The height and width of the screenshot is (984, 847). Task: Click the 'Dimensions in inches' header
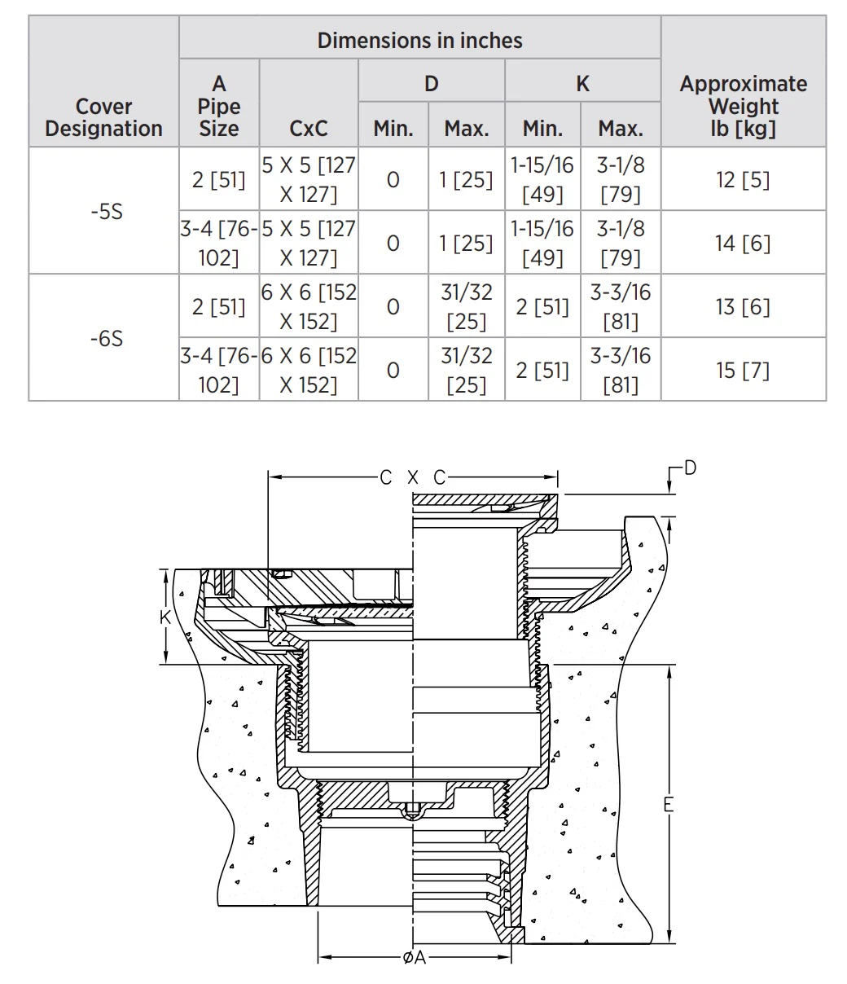tap(419, 41)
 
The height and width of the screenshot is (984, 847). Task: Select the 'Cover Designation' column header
tap(103, 117)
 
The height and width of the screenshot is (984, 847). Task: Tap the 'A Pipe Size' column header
tap(219, 106)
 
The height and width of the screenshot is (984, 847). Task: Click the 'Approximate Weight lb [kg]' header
tap(744, 106)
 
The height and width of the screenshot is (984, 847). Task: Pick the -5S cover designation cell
tap(108, 211)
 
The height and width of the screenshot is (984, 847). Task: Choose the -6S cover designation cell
tap(108, 339)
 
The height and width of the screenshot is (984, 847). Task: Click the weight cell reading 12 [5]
tap(743, 180)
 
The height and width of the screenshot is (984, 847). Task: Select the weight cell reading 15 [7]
tap(743, 371)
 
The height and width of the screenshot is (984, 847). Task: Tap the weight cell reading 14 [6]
tap(743, 244)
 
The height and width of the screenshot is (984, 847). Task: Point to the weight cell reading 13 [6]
tap(743, 307)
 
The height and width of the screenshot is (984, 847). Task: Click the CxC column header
tap(309, 129)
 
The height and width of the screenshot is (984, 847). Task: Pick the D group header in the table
tap(432, 84)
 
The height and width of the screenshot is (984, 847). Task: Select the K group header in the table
tap(583, 84)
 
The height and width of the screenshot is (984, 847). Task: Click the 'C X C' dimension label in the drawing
tap(413, 477)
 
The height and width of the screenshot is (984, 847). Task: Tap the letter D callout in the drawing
tap(690, 468)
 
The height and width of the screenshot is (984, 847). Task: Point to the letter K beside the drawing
tap(165, 617)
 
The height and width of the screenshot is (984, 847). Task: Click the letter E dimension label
tap(669, 804)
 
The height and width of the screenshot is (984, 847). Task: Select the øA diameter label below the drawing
tap(415, 957)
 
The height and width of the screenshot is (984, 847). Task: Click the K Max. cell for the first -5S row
tap(621, 180)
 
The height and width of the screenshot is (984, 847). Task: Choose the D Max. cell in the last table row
tap(466, 371)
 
